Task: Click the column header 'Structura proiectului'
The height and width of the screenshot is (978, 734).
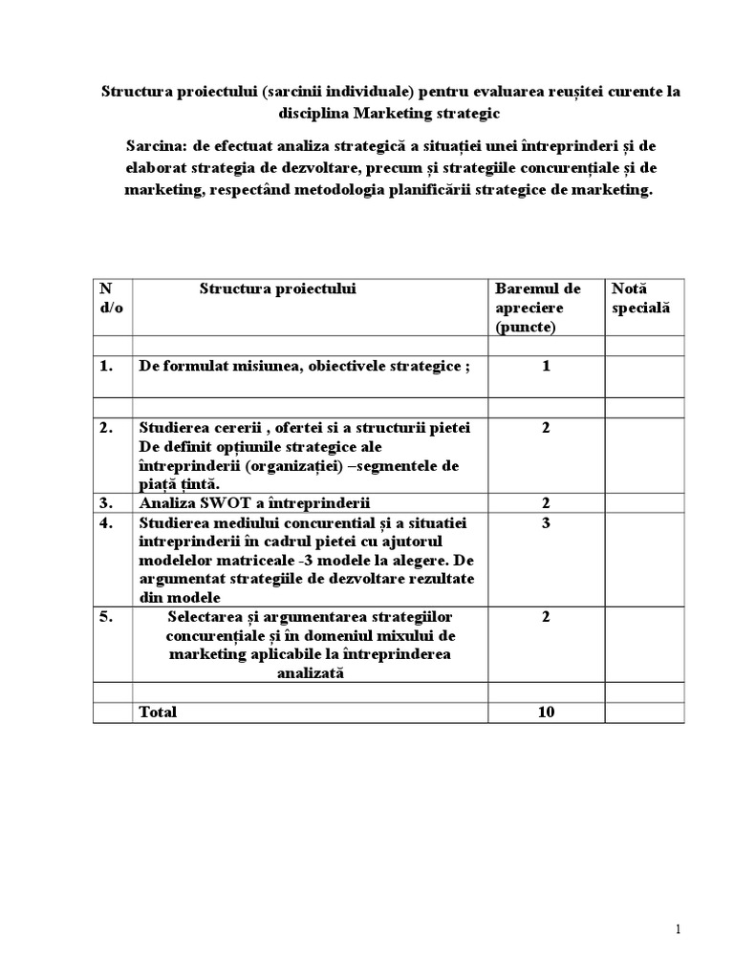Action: (x=277, y=288)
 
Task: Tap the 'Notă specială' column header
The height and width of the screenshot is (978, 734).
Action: (x=640, y=298)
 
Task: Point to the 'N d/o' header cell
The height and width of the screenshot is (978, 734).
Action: (x=111, y=298)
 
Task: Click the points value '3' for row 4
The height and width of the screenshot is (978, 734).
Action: (x=546, y=522)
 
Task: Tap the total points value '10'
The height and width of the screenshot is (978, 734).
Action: (x=546, y=712)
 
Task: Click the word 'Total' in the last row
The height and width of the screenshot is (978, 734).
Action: (x=159, y=712)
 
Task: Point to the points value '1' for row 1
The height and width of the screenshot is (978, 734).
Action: (x=546, y=366)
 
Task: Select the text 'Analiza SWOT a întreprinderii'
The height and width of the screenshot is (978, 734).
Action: (x=255, y=503)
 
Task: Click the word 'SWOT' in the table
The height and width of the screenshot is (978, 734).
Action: (x=226, y=503)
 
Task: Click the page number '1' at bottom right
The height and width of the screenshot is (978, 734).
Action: (x=678, y=930)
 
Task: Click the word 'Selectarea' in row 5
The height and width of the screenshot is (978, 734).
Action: (x=203, y=617)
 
